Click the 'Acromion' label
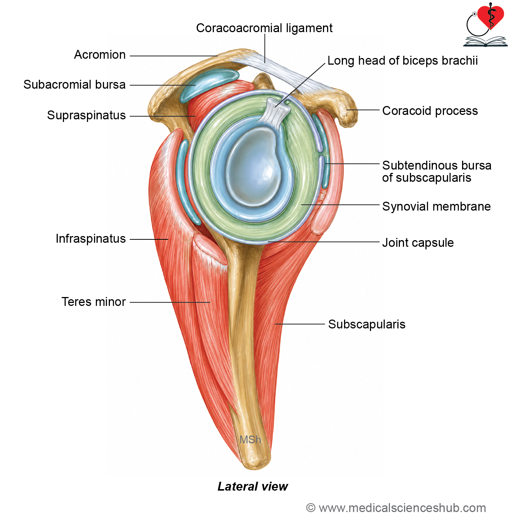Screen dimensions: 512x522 100,55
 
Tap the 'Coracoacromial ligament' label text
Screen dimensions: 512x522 264,28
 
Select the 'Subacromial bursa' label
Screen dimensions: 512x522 75,85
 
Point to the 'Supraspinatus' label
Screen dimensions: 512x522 87,115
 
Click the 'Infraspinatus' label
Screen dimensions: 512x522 91,239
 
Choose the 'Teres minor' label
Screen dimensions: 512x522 94,302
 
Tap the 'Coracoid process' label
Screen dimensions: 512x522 430,111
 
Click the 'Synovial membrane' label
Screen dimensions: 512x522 437,207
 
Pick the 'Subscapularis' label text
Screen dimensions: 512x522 367,324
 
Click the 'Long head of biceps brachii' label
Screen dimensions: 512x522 402,61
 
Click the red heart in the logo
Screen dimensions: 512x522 491,17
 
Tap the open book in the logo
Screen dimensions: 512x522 485,41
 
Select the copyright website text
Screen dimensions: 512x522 396,508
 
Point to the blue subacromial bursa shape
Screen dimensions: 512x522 209,85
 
